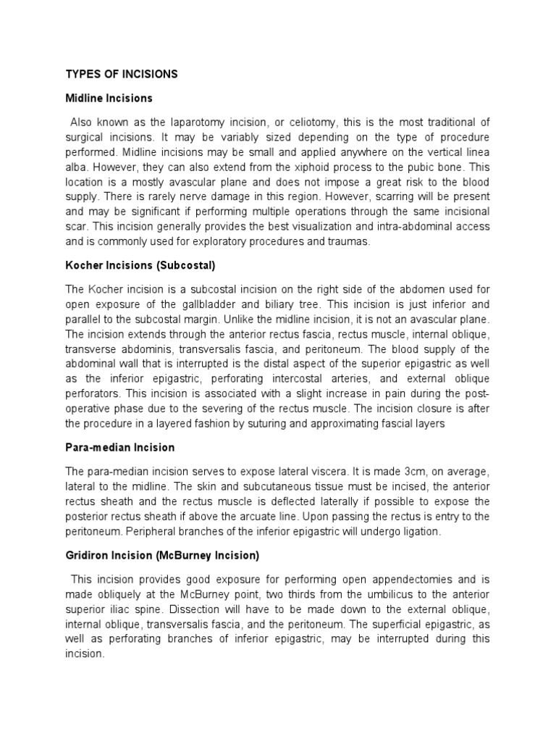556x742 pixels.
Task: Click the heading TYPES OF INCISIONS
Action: (x=122, y=74)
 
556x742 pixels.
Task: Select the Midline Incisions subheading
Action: (x=109, y=97)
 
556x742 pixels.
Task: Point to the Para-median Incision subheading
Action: (x=120, y=447)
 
